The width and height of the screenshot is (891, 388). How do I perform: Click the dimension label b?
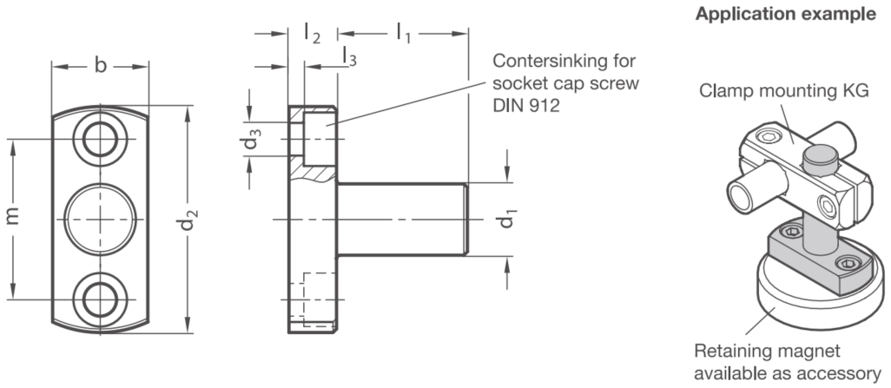tap(100, 66)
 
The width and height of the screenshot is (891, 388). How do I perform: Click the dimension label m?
tap(12, 216)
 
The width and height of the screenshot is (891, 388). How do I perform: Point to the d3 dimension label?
tap(253, 139)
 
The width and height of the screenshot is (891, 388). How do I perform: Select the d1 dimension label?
tap(507, 219)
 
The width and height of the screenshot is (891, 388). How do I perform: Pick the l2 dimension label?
tap(312, 34)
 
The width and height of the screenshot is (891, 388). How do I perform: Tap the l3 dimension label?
tap(350, 56)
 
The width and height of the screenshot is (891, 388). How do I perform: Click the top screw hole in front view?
tap(100, 139)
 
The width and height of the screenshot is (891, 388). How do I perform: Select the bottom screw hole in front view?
tap(100, 299)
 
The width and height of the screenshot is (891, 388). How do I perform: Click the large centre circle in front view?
tap(100, 219)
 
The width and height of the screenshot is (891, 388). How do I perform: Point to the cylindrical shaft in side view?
tap(402, 220)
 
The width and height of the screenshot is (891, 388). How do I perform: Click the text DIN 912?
tap(525, 106)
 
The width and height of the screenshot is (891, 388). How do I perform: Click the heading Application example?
tap(785, 14)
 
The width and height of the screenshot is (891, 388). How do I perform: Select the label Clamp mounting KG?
tap(783, 91)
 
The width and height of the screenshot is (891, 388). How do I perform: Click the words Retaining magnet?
tap(767, 351)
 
